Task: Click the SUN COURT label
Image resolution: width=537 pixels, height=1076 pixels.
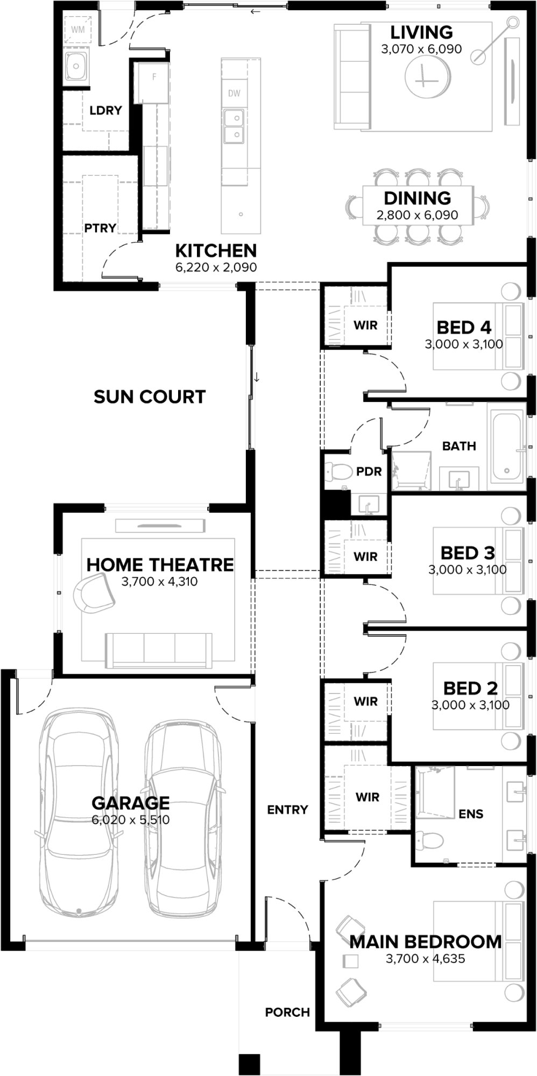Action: (x=150, y=397)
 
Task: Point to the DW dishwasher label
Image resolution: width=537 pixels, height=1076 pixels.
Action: (x=234, y=93)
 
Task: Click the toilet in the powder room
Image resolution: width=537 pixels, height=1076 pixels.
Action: (x=338, y=472)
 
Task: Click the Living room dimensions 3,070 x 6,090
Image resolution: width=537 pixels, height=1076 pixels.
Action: (x=421, y=49)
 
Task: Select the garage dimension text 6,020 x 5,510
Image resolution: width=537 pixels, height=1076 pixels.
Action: (x=131, y=820)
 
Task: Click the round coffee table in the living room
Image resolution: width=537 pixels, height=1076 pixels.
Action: (x=427, y=76)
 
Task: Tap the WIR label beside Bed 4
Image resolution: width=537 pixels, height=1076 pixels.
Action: (x=365, y=325)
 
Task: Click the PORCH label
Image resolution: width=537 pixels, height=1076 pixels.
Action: (x=287, y=1013)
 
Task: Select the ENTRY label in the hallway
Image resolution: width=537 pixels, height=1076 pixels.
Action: (x=287, y=810)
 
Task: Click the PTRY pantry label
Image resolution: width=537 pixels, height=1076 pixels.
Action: (x=100, y=228)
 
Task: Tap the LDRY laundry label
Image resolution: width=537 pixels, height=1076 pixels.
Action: (x=105, y=110)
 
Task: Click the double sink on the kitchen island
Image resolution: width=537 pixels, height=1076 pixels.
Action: (x=234, y=125)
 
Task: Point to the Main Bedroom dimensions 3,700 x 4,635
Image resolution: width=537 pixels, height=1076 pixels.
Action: (x=425, y=958)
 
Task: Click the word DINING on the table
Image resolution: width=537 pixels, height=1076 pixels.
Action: (x=418, y=198)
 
